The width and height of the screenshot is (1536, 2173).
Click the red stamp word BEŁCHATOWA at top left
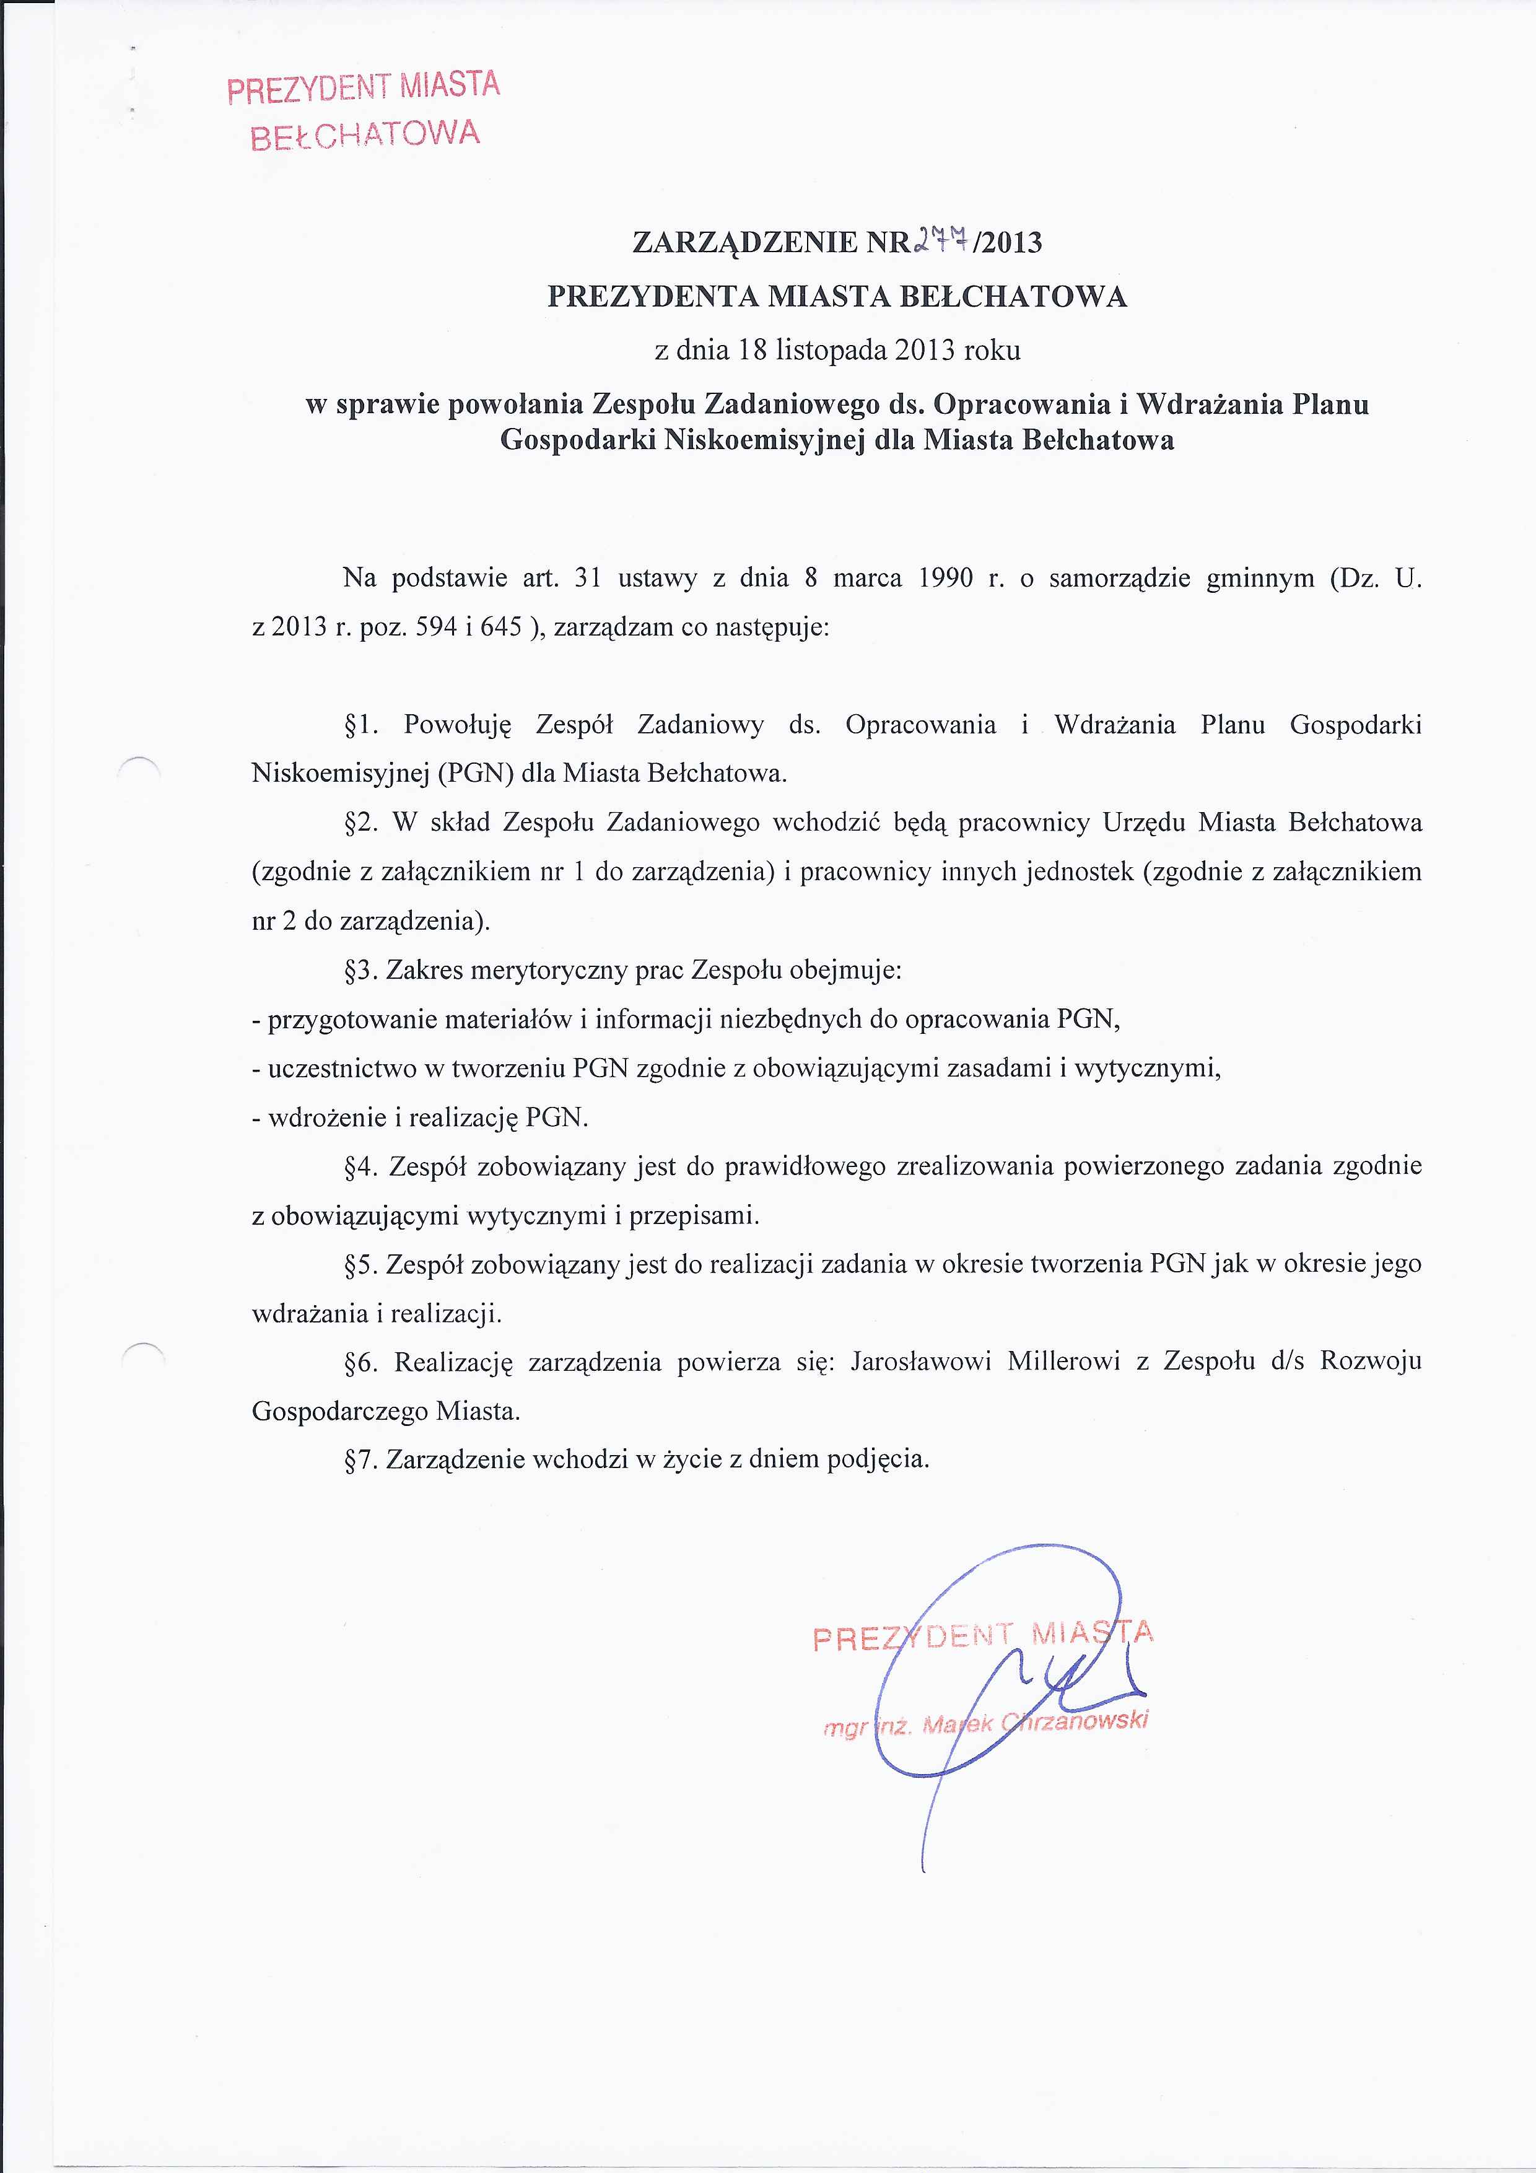coord(365,134)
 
